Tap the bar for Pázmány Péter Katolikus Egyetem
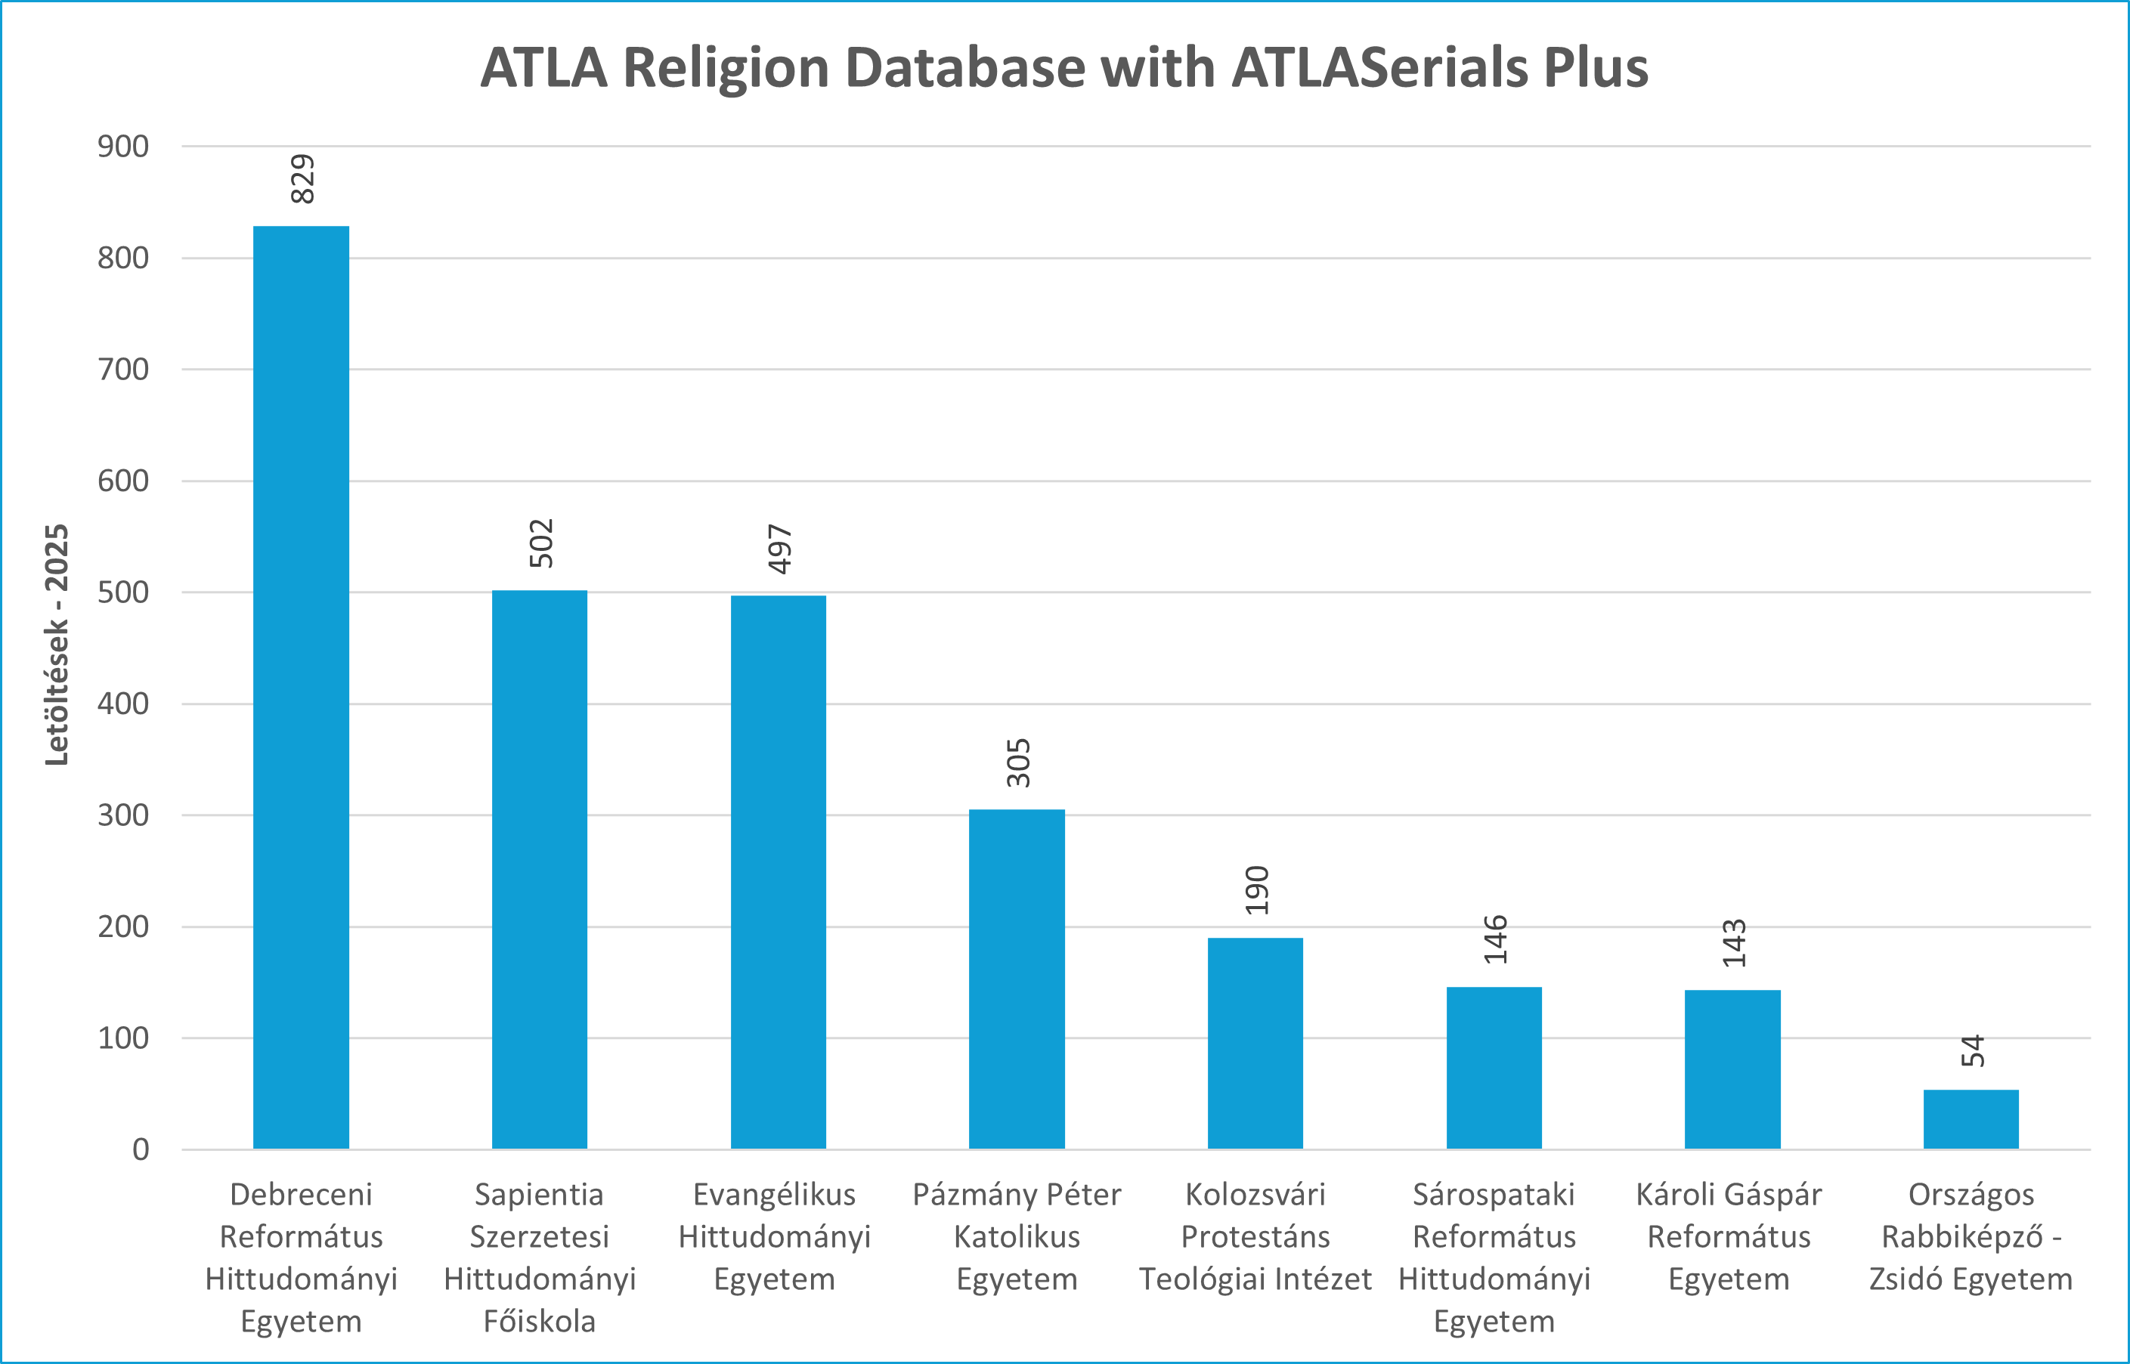1017,979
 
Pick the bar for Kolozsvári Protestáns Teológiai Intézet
1255,1044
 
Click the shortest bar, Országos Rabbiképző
1971,1120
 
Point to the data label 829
303,179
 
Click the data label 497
779,549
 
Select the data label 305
1018,762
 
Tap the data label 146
1495,940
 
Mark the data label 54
1972,1051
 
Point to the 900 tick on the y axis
123,146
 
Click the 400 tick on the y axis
123,704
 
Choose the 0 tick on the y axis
140,1149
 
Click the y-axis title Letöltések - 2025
57,645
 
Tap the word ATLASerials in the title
1380,67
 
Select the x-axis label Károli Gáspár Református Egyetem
1729,1236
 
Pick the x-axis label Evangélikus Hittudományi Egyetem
775,1236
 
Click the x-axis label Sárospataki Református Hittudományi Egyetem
1494,1257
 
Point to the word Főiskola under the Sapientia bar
540,1322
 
